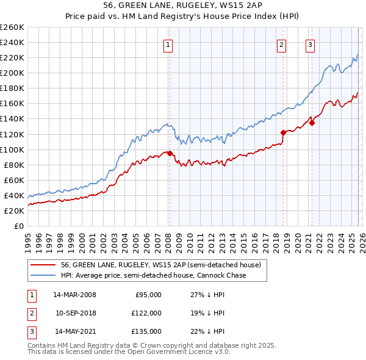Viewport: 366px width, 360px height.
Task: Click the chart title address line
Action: [183, 5]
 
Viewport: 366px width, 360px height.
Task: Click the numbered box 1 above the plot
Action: [168, 44]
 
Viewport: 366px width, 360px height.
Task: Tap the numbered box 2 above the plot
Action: [281, 44]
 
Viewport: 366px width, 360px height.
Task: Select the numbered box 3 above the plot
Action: [310, 44]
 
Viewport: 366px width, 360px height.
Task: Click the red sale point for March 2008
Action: [170, 153]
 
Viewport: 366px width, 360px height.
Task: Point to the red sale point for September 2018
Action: [283, 132]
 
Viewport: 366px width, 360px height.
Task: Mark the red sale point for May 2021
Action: [312, 123]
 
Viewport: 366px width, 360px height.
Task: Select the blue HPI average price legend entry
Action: [153, 276]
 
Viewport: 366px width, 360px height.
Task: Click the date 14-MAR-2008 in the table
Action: [74, 295]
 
